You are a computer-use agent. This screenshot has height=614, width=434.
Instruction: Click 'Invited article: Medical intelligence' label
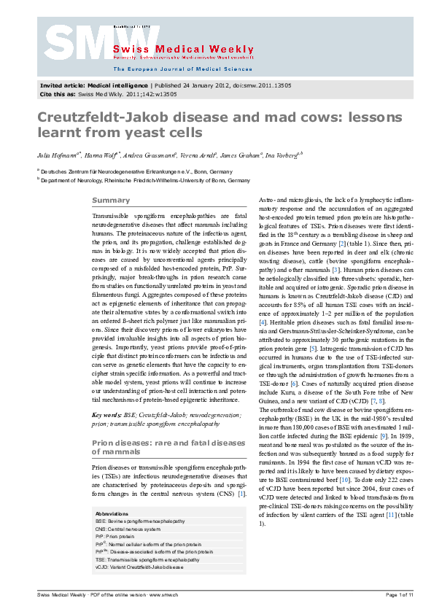point(85,85)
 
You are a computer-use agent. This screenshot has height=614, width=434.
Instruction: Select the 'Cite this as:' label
point(57,94)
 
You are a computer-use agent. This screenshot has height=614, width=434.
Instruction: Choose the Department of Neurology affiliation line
point(144,179)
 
